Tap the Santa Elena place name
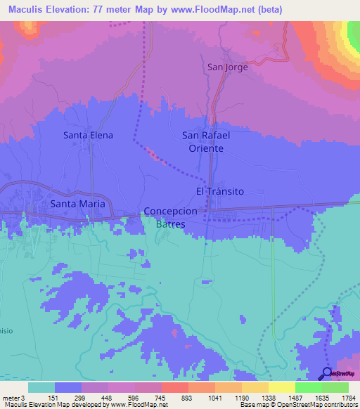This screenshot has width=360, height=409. click(x=88, y=135)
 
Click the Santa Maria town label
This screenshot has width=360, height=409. click(x=77, y=203)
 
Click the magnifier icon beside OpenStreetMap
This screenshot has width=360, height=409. click(x=327, y=374)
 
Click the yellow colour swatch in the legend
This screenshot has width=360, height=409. click(x=281, y=387)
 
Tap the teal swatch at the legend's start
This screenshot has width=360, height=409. click(x=41, y=387)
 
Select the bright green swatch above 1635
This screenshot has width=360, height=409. click(x=309, y=387)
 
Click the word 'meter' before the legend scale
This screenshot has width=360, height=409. click(x=11, y=397)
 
